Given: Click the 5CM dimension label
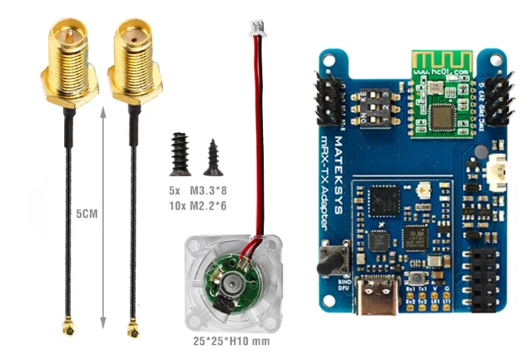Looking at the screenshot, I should click(x=87, y=214).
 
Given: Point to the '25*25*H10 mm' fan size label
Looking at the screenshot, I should click(x=220, y=341).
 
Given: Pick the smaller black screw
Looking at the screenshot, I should click(x=213, y=157).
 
